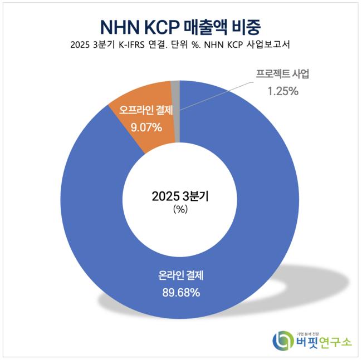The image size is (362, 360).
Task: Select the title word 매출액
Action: tap(217, 26)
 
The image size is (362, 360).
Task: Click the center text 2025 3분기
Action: tap(180, 196)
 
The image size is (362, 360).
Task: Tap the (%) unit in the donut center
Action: tap(180, 210)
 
